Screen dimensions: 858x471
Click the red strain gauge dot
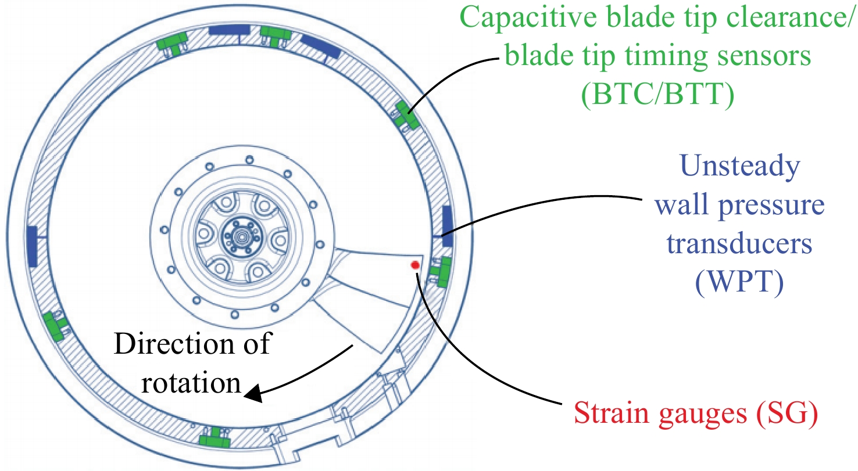point(415,265)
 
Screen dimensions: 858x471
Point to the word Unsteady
point(740,166)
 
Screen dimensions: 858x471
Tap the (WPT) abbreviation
point(739,282)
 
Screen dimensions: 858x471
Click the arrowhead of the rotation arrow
point(255,393)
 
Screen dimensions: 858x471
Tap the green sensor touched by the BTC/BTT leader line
point(407,115)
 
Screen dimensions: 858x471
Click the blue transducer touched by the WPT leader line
point(448,226)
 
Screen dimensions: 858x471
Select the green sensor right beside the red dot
point(441,272)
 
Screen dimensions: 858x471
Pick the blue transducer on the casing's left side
point(33,246)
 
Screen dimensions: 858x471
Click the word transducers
point(739,244)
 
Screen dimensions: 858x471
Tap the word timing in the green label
point(666,56)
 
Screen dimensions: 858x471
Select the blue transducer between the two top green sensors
point(230,30)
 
